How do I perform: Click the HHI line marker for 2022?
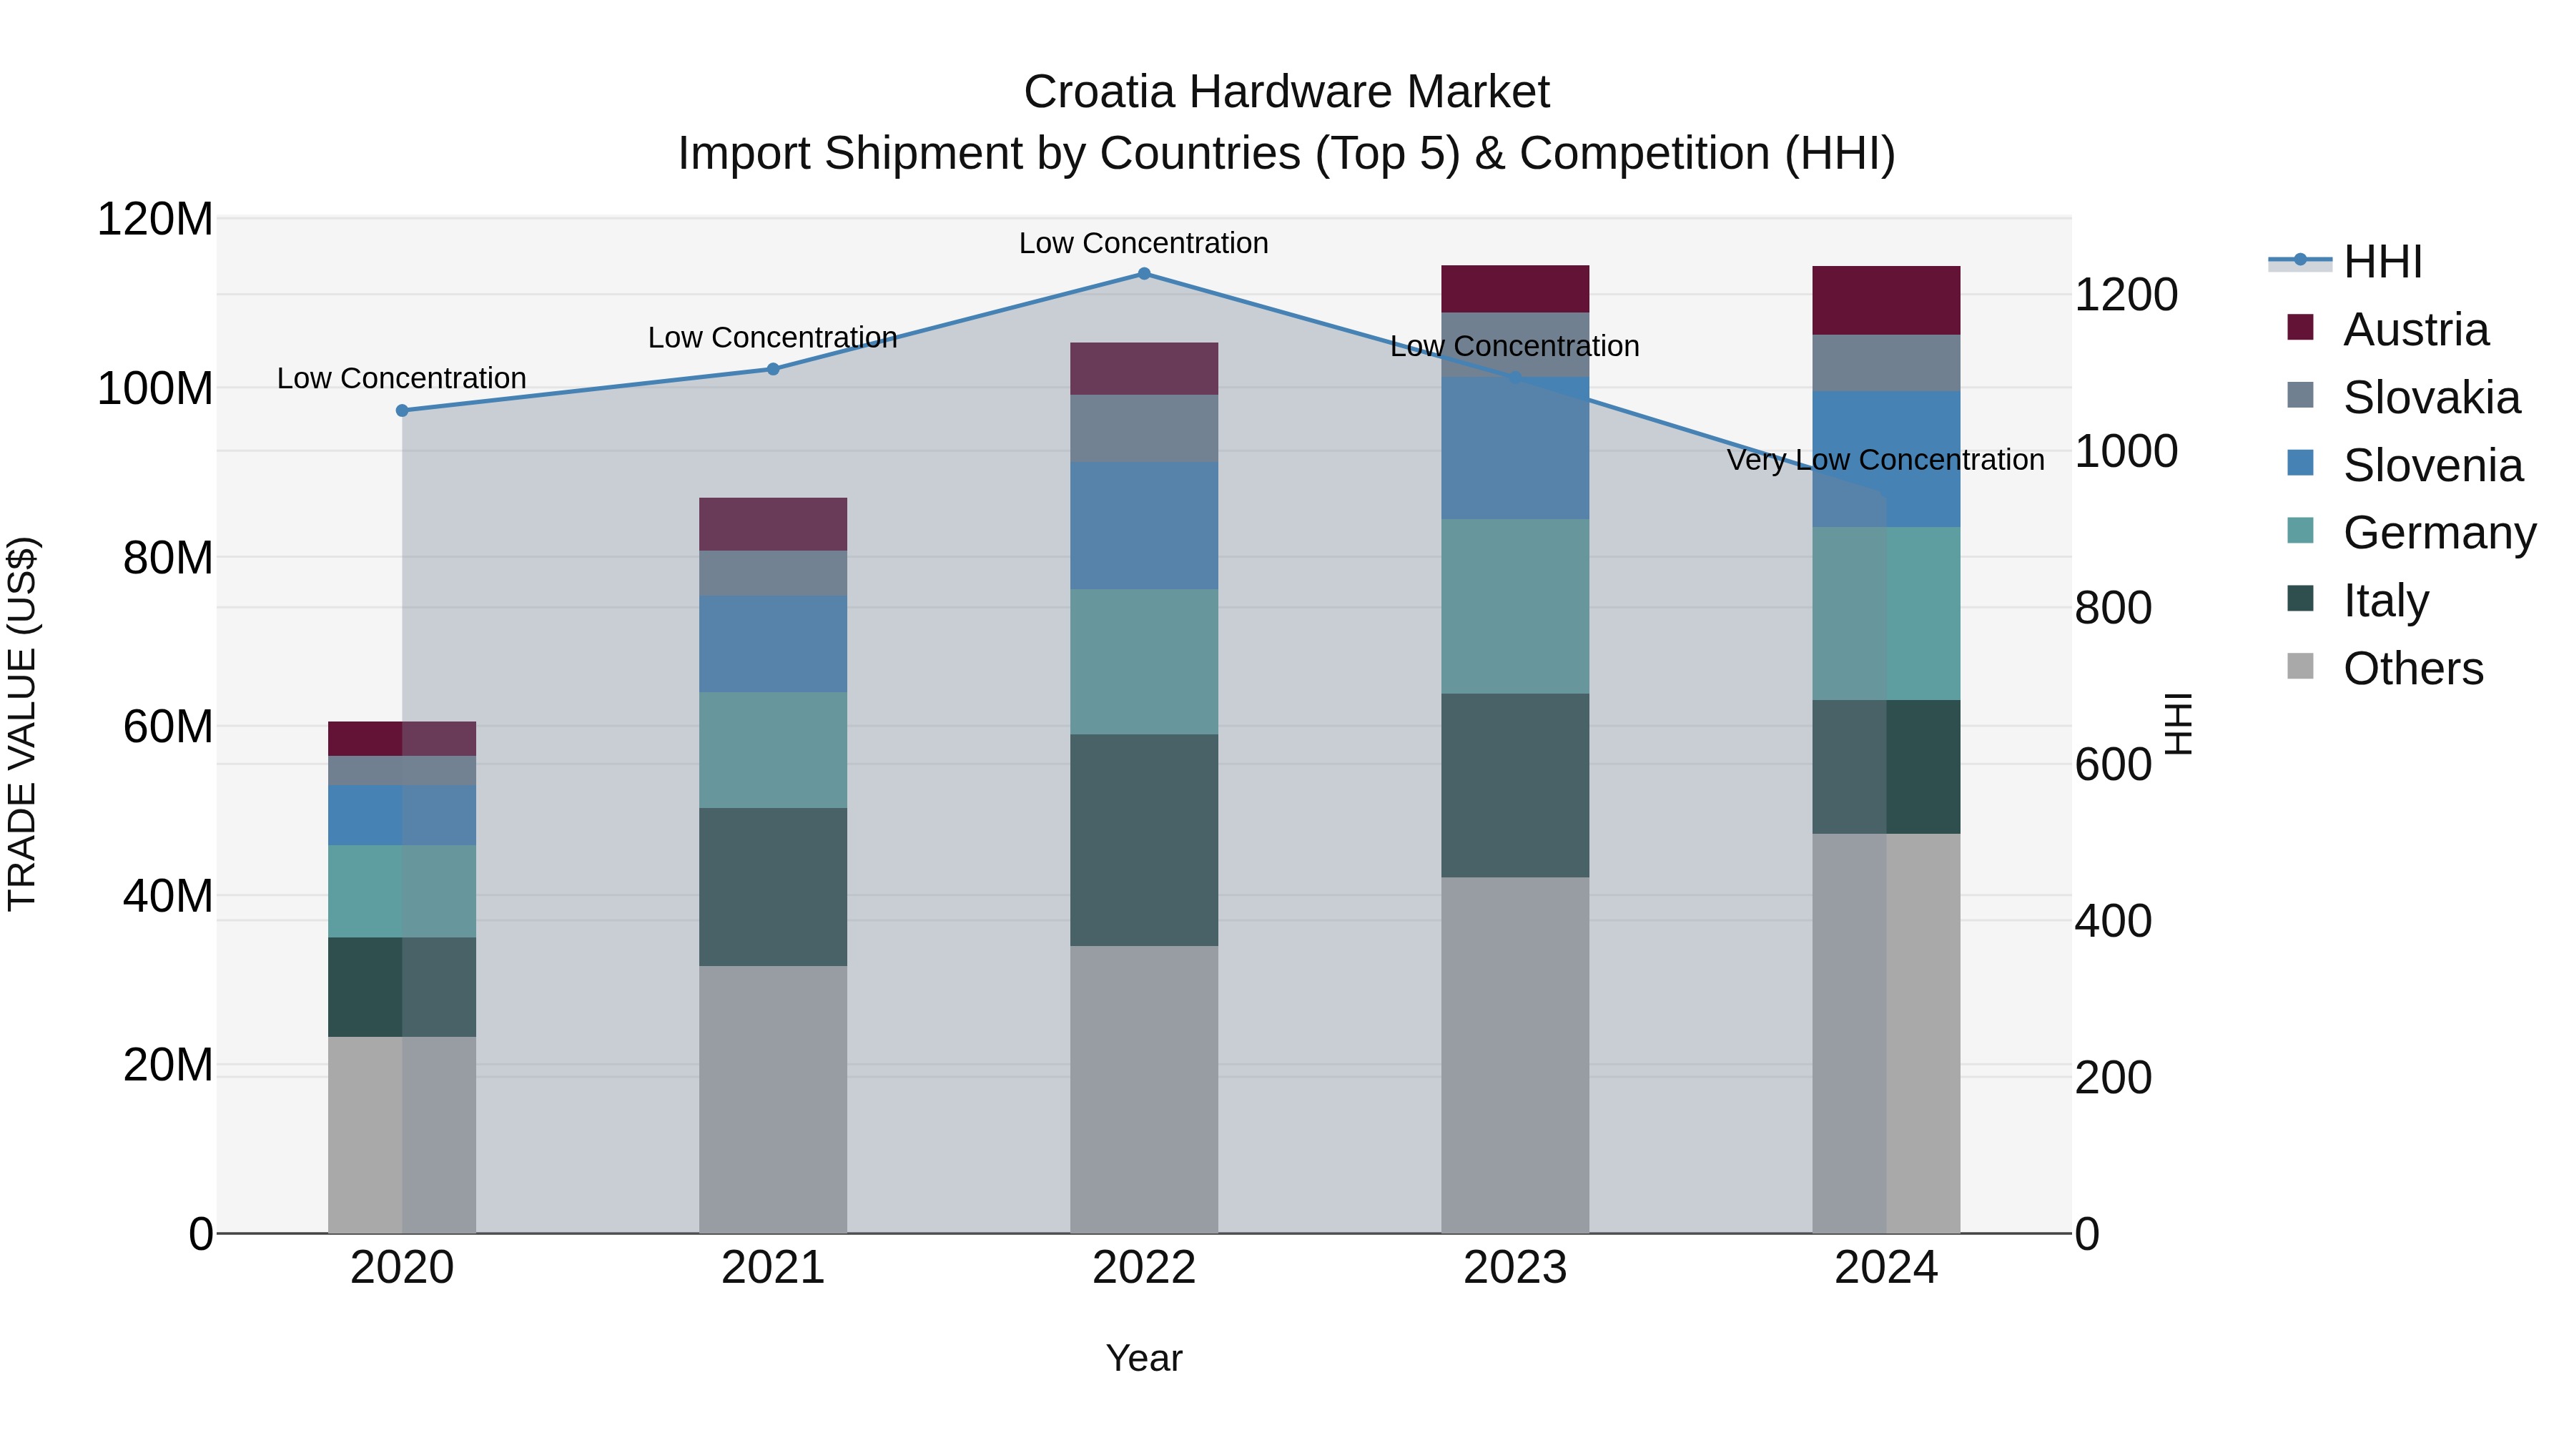coord(1144,274)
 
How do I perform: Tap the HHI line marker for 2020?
coord(402,410)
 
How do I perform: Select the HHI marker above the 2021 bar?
coord(772,369)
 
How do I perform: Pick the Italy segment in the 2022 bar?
coord(1144,839)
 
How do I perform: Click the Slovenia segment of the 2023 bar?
coord(1515,448)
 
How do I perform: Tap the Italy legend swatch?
coord(2300,599)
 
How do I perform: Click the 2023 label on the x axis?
coord(1515,1268)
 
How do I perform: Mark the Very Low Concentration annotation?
coord(1885,460)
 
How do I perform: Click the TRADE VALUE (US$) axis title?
coord(22,724)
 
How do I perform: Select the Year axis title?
coord(1144,1358)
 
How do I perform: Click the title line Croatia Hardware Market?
coord(1286,92)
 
